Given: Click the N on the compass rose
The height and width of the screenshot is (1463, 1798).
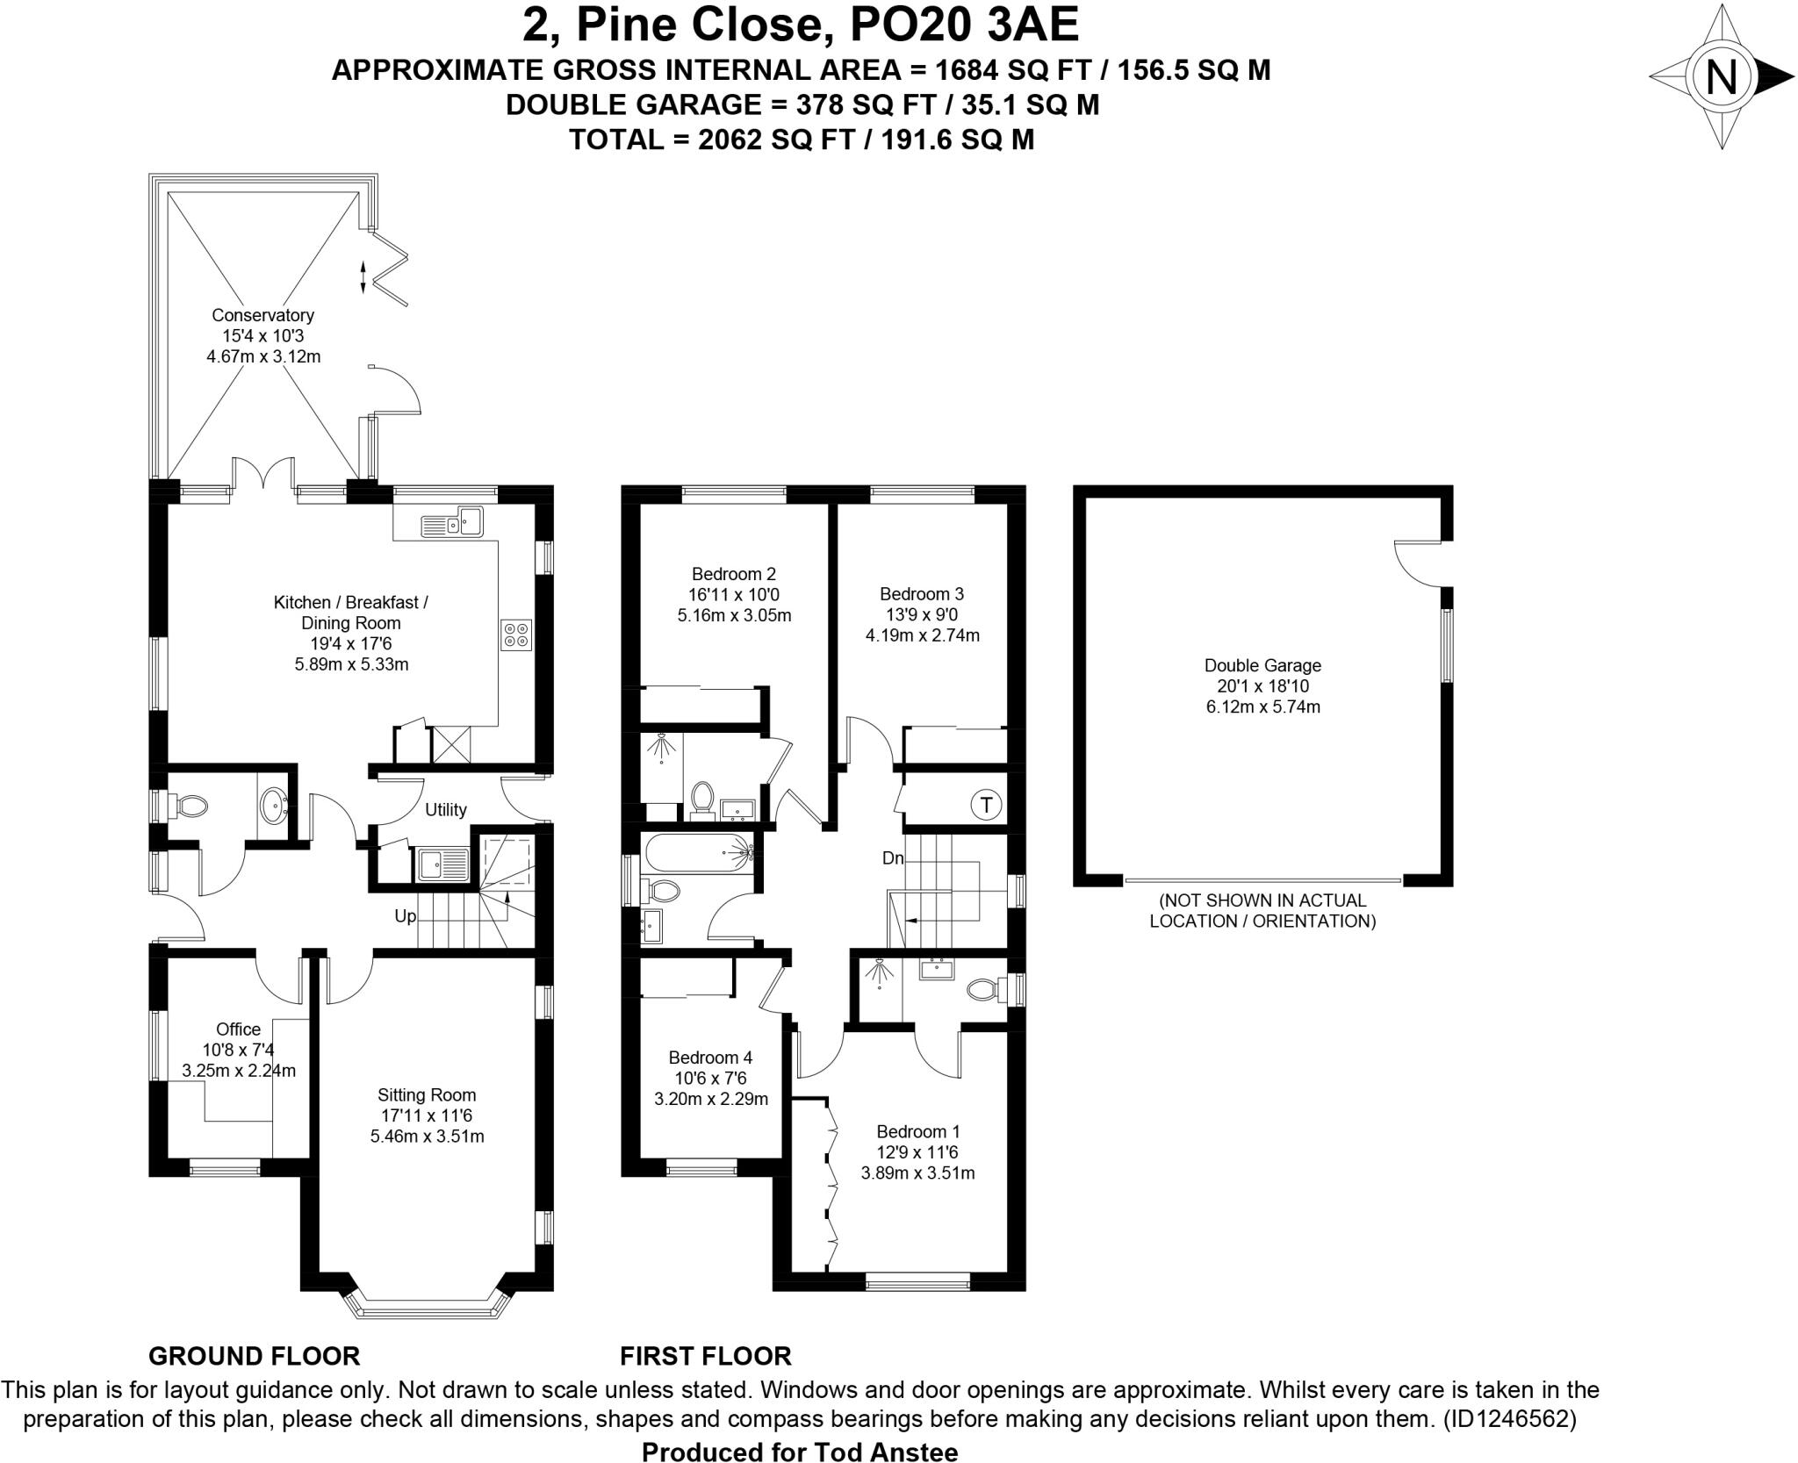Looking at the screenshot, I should click(1721, 77).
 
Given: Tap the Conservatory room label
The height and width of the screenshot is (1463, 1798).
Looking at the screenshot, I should click(263, 315).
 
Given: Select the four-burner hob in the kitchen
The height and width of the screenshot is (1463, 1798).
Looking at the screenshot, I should click(515, 635).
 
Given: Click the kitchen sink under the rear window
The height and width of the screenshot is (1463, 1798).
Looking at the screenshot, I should click(452, 523).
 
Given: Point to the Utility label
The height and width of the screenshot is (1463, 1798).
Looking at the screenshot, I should click(446, 809).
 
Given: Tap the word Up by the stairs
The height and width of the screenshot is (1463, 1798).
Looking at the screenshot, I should click(405, 916).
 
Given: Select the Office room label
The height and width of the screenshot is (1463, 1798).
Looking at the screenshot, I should click(238, 1029).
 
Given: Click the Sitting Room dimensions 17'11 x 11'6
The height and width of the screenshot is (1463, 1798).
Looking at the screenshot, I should click(427, 1115).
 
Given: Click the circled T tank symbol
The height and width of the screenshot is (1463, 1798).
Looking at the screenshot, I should click(987, 804).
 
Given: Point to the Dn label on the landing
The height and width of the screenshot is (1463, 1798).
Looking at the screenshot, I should click(893, 858).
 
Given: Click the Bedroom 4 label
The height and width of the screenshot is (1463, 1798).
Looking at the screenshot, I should click(710, 1058).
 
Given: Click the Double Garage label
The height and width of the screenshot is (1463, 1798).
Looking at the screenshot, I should click(1262, 665).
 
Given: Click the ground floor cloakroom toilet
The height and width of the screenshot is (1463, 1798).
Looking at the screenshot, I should click(190, 806).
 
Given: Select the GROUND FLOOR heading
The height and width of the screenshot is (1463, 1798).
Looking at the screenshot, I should click(254, 1356).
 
